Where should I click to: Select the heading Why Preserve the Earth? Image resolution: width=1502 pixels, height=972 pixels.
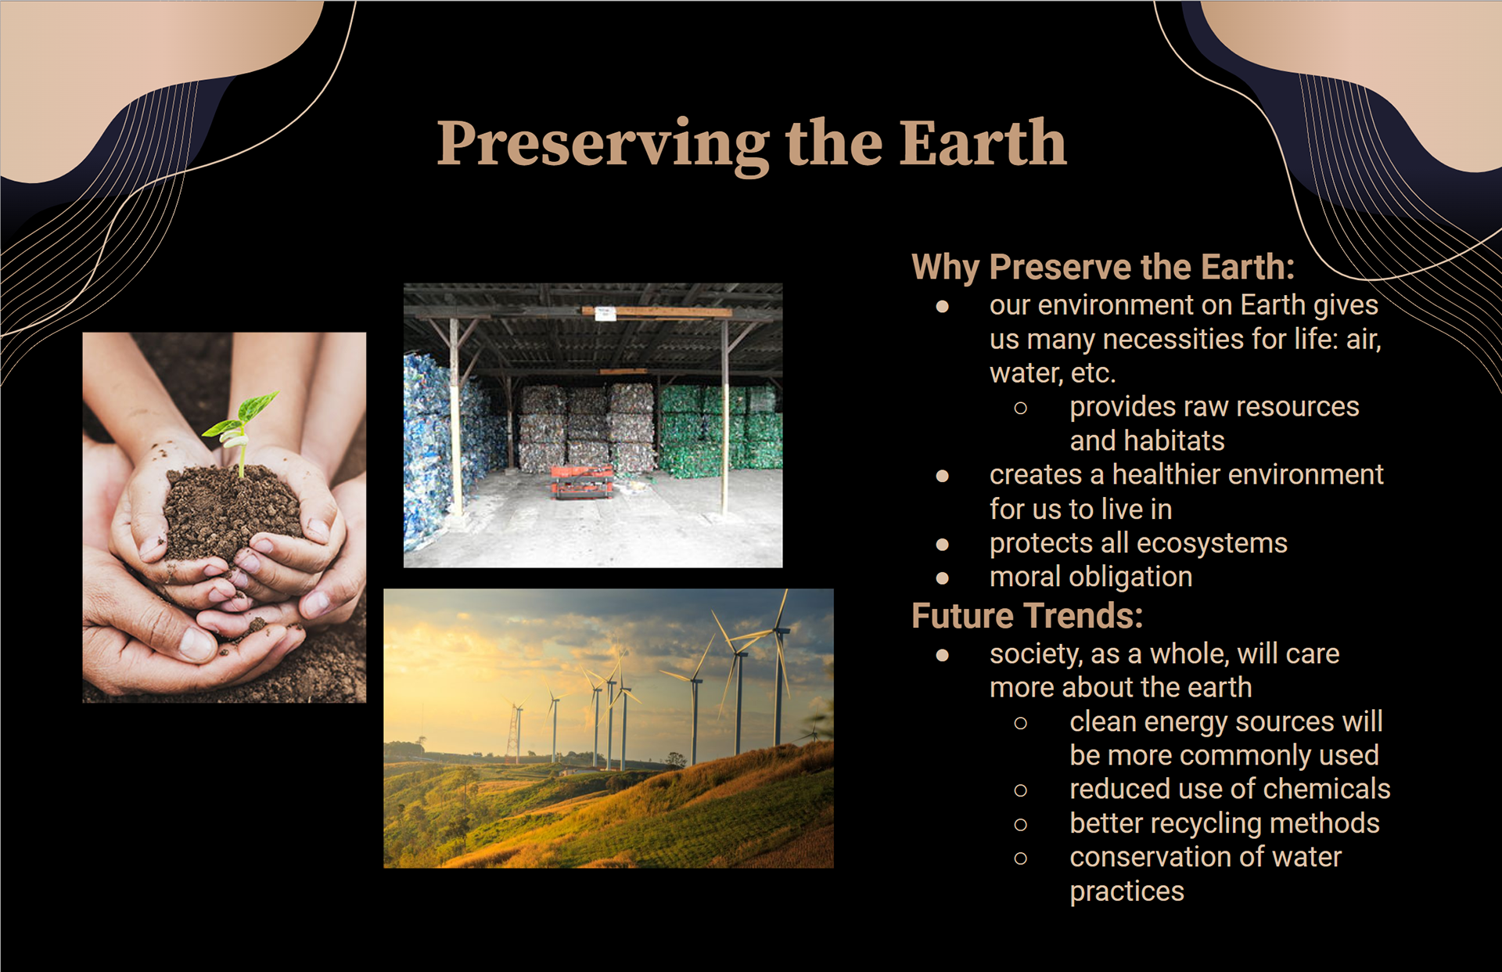1103,267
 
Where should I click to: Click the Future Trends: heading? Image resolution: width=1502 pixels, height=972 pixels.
1027,616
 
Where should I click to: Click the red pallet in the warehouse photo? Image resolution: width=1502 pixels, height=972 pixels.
582,481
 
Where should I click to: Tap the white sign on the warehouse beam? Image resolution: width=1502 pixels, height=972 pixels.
605,314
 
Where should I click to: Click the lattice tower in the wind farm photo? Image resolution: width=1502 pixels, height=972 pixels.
515,732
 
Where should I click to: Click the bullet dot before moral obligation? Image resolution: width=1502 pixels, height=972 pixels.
943,578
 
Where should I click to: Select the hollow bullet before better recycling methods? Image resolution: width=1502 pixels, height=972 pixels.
1020,824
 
